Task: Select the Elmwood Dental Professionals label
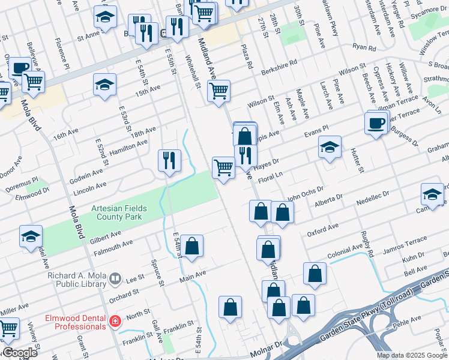point(76,322)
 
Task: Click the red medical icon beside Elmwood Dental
point(114,322)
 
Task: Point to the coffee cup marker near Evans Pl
point(376,124)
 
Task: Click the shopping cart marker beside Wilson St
point(218,91)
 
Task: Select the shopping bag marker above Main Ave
point(192,246)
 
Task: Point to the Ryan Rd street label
point(364,47)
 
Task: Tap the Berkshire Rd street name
point(281,63)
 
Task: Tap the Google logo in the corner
point(20,353)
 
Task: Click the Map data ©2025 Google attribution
point(411,355)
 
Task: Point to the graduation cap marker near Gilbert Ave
point(31,237)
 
